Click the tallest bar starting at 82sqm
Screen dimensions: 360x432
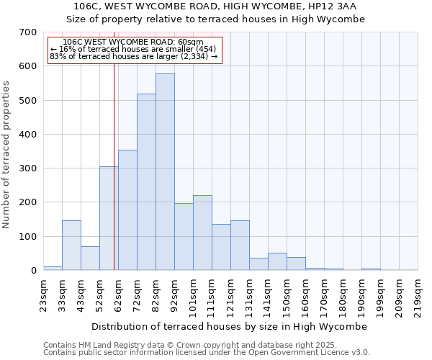[165, 172]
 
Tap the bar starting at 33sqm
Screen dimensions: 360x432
[71, 246]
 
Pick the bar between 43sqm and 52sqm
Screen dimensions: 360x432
[90, 258]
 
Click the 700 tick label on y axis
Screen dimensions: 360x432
[28, 32]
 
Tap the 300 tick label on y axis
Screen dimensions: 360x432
[28, 168]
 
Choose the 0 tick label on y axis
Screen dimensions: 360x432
[33, 271]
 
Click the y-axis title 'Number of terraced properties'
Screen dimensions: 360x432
[7, 154]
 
